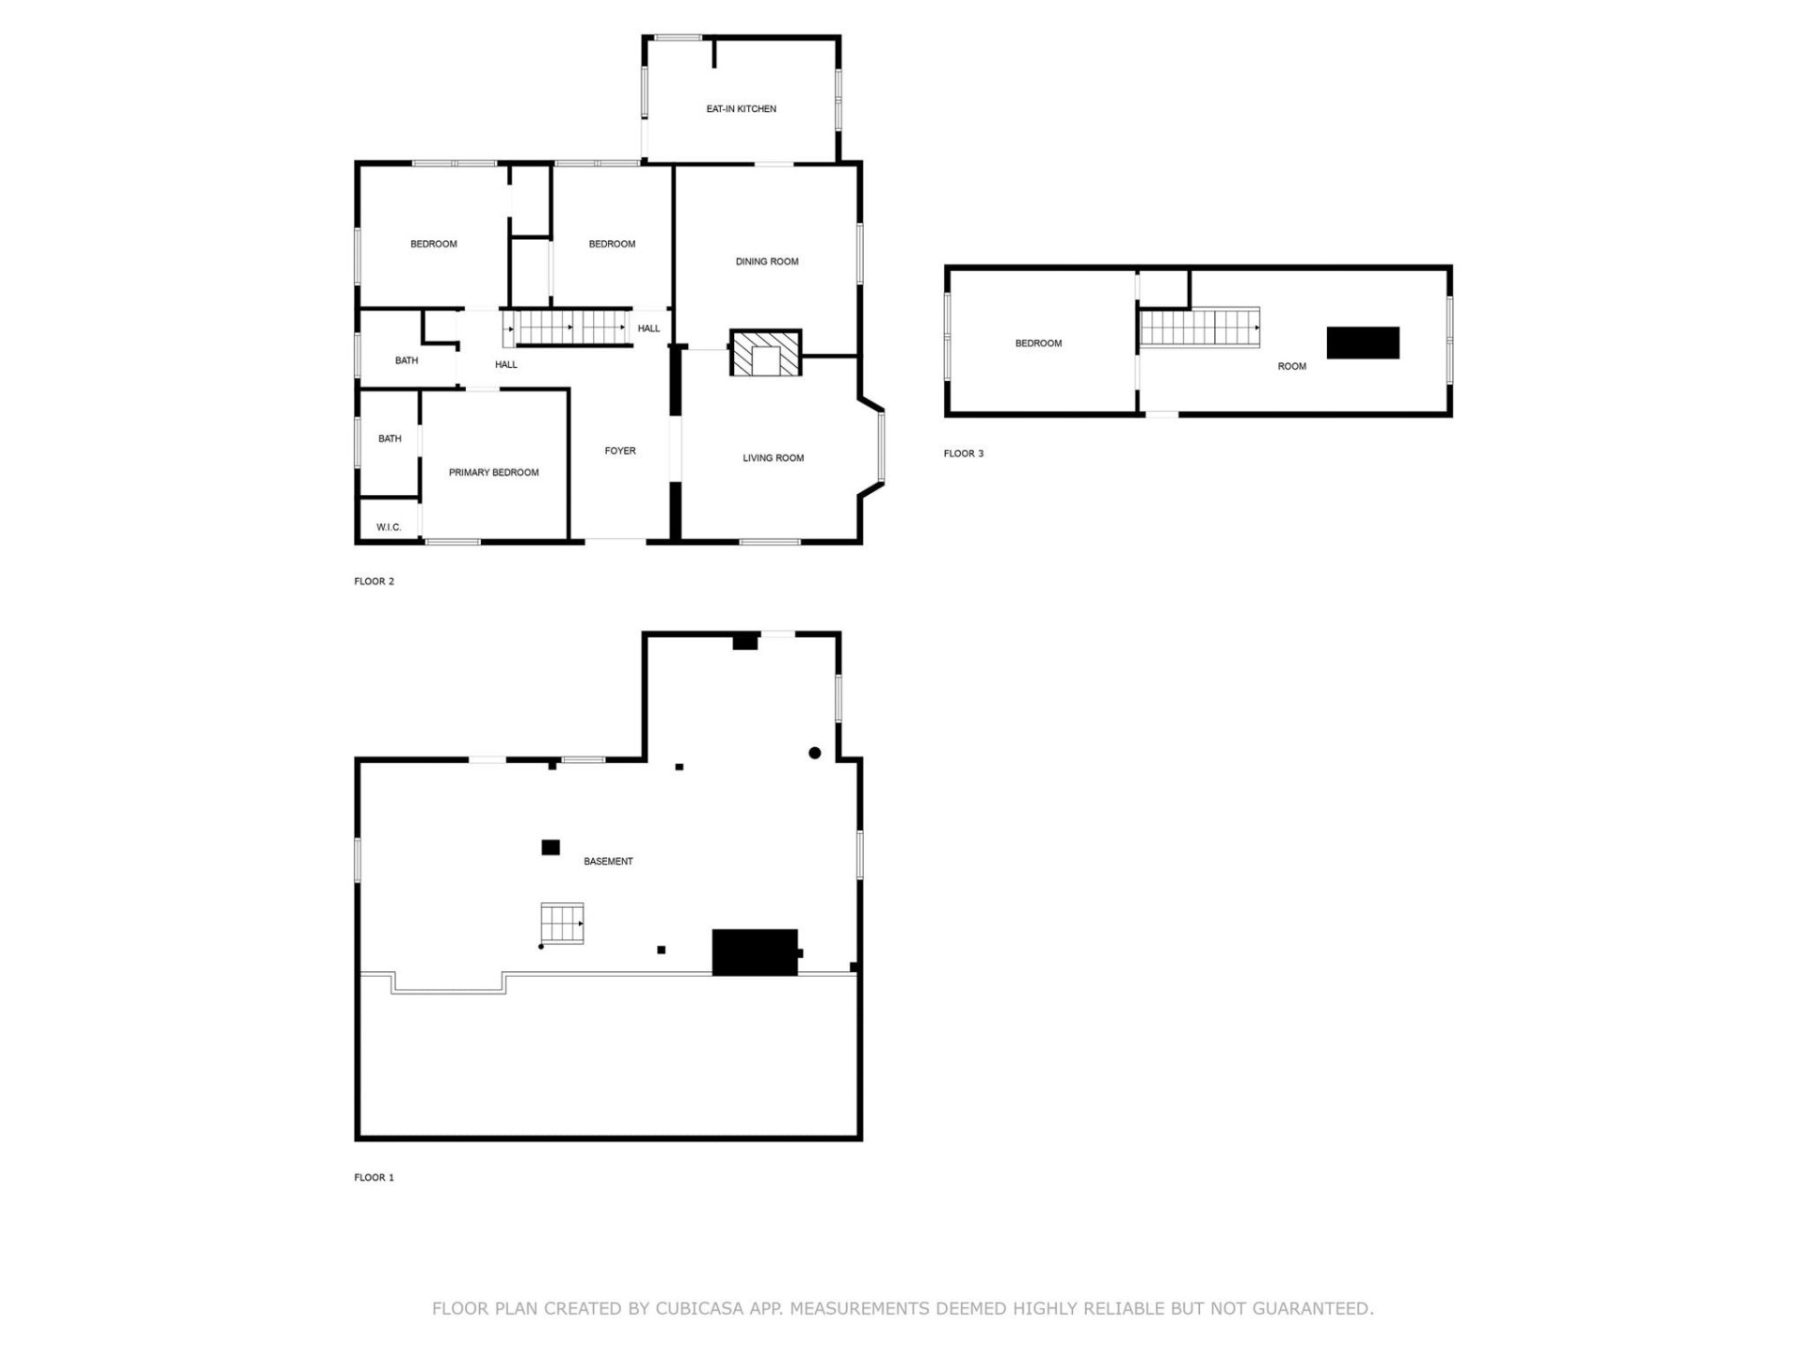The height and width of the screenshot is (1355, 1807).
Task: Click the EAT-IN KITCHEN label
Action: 741,109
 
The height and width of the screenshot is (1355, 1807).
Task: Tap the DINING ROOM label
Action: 766,262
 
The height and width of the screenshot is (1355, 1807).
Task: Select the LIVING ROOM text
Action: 773,458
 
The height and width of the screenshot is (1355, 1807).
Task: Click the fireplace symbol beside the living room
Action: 765,353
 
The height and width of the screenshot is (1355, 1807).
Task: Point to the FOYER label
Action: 619,451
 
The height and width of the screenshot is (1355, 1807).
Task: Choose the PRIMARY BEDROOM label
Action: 493,472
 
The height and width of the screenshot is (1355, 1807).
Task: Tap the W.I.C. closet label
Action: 388,527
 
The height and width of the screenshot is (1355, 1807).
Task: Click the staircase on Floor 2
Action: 570,327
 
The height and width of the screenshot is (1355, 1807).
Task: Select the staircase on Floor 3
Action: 1199,327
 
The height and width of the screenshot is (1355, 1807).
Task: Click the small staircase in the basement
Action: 562,923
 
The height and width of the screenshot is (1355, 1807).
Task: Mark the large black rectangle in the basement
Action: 755,952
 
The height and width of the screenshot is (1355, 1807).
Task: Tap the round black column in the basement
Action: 814,753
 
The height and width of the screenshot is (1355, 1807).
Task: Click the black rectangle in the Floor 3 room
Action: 1362,343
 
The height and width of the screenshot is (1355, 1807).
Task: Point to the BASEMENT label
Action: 608,861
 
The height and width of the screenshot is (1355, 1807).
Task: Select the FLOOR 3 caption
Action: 963,454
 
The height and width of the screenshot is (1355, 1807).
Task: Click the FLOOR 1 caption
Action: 374,1177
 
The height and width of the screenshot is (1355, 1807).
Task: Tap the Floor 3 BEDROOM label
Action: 1037,343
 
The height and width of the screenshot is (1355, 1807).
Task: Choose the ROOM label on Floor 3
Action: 1291,366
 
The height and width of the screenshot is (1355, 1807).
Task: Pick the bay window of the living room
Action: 881,446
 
